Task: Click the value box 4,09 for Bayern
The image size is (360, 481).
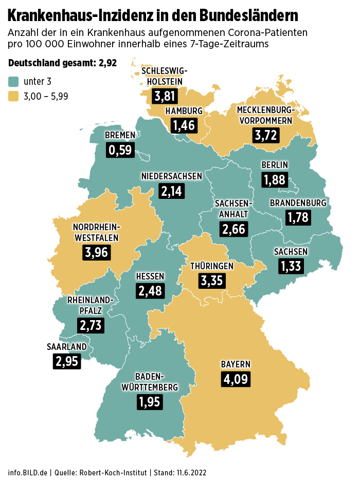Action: click(x=236, y=380)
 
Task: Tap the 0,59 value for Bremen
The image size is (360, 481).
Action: click(x=120, y=150)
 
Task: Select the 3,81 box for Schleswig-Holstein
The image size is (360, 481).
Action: click(x=166, y=96)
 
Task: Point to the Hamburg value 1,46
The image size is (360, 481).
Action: click(x=184, y=125)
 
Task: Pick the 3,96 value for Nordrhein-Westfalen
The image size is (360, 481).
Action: click(x=96, y=252)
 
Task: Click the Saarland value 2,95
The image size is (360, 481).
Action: click(x=67, y=361)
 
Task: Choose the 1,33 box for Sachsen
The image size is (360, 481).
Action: click(x=291, y=266)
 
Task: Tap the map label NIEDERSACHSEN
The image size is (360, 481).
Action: click(x=172, y=176)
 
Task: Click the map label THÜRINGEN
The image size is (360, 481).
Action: click(x=212, y=266)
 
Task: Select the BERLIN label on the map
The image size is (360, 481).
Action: click(x=275, y=165)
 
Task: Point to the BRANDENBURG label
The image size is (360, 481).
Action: click(x=298, y=203)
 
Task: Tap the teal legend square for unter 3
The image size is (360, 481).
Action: click(x=13, y=81)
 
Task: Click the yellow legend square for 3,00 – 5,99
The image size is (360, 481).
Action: click(x=13, y=96)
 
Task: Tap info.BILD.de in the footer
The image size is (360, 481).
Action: click(x=28, y=472)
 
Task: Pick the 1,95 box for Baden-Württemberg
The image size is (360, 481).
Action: click(x=150, y=401)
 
